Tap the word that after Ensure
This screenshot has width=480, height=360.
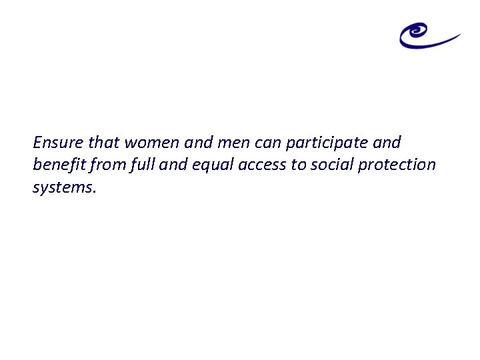[x=102, y=142]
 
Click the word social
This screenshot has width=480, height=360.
[x=331, y=164]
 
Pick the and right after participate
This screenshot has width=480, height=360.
[x=387, y=142]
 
